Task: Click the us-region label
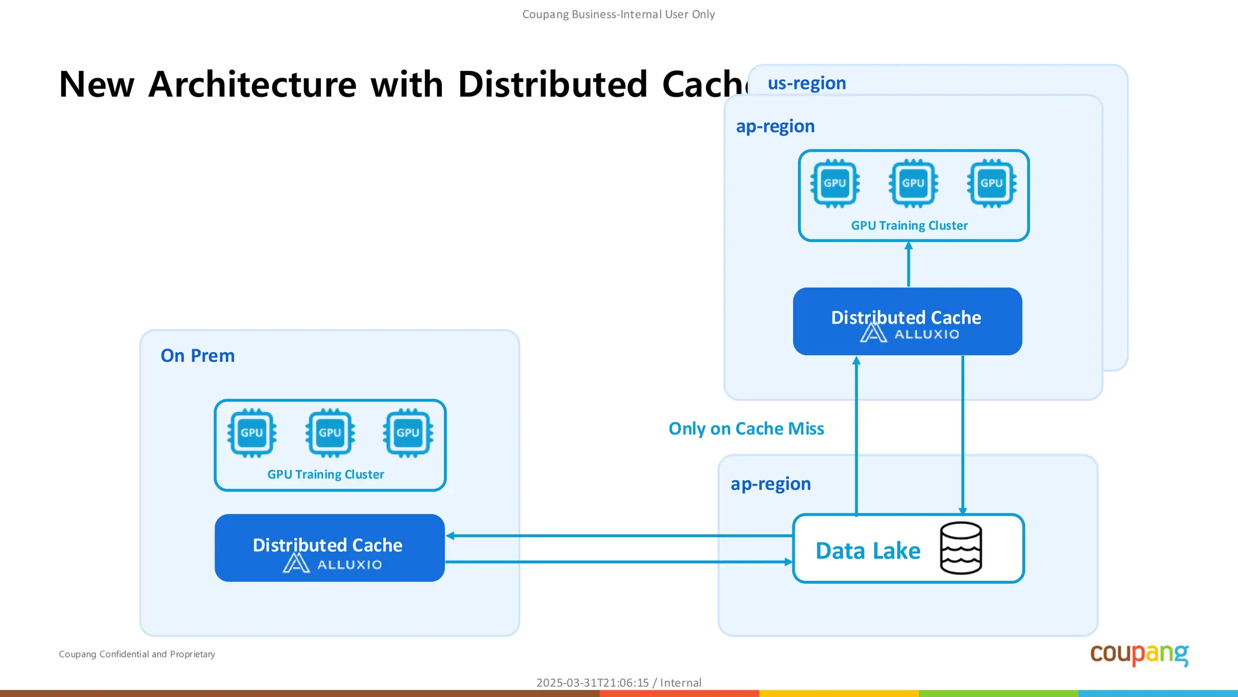(x=806, y=83)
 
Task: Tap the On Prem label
(x=197, y=355)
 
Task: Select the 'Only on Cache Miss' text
(x=746, y=428)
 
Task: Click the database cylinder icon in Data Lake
(x=961, y=548)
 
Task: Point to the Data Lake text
(x=867, y=551)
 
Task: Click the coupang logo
(x=1139, y=654)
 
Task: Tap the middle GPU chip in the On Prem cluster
(x=330, y=433)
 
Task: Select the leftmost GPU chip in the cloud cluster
(x=835, y=183)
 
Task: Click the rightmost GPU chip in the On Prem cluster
(x=408, y=433)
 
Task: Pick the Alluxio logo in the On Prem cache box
(x=332, y=564)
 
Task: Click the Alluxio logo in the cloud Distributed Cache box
(x=909, y=333)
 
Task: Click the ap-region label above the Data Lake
(x=770, y=483)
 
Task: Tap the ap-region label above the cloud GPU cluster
(x=775, y=126)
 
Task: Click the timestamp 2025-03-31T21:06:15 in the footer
(x=592, y=682)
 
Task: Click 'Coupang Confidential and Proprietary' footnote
(x=137, y=654)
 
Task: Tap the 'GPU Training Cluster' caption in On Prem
(x=325, y=474)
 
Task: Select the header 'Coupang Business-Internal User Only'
(x=618, y=14)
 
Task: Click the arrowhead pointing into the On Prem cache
(x=450, y=535)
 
